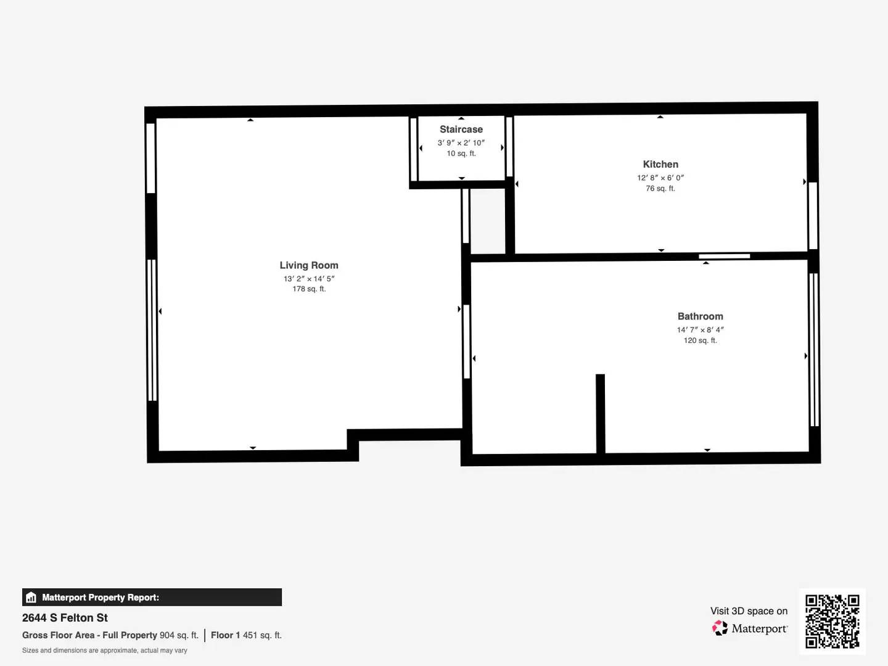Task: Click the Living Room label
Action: pyautogui.click(x=308, y=265)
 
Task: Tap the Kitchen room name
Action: pyautogui.click(x=660, y=164)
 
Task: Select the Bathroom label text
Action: pyautogui.click(x=700, y=316)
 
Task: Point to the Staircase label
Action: pyautogui.click(x=461, y=129)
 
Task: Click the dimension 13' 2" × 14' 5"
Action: pyautogui.click(x=308, y=279)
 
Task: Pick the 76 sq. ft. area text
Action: pyautogui.click(x=660, y=189)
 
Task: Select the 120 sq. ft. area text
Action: pyautogui.click(x=700, y=340)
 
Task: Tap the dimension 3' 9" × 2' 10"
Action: pyautogui.click(x=461, y=143)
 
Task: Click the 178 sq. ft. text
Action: pyautogui.click(x=308, y=289)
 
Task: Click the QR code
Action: pyautogui.click(x=832, y=621)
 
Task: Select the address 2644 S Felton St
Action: pyautogui.click(x=65, y=618)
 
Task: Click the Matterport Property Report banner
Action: pyautogui.click(x=152, y=597)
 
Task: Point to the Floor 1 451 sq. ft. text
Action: pyautogui.click(x=246, y=635)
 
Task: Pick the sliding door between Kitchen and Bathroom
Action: pyautogui.click(x=724, y=256)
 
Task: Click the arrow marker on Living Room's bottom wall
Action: pyautogui.click(x=253, y=448)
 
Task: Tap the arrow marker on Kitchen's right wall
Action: pyautogui.click(x=804, y=182)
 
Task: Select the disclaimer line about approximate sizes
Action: pyautogui.click(x=105, y=651)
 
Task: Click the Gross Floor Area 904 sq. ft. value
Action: pyautogui.click(x=179, y=635)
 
